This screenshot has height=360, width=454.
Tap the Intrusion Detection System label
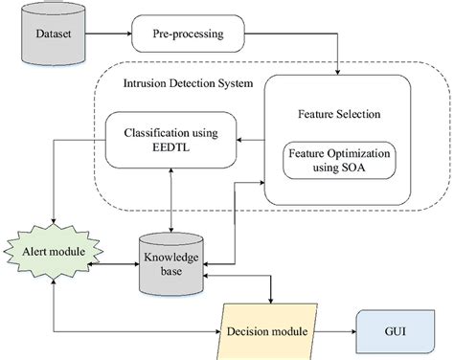pyautogui.click(x=188, y=83)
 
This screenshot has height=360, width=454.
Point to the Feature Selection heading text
pyautogui.click(x=337, y=112)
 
